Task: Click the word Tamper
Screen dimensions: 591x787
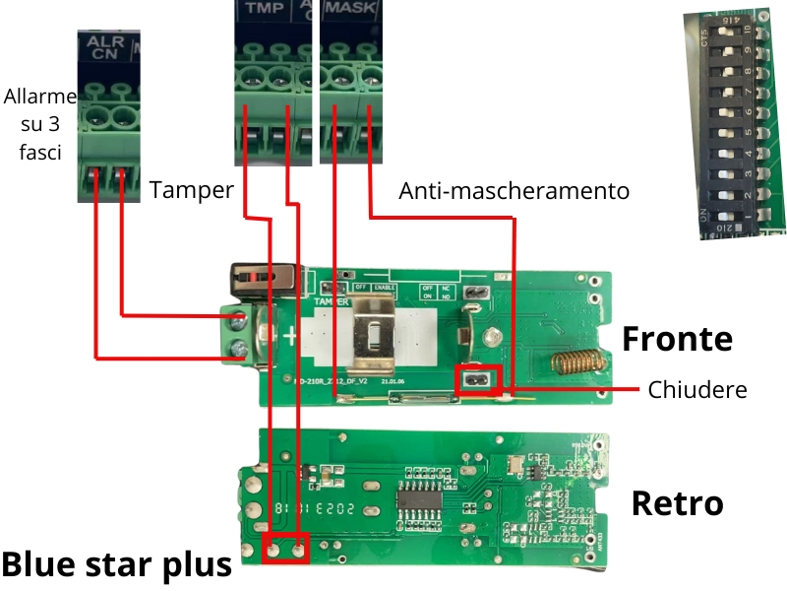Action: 191,190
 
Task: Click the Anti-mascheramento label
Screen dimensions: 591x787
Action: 514,190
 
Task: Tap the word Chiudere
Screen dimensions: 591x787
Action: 696,389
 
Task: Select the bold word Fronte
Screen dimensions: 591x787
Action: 677,339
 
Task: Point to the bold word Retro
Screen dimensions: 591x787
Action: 677,503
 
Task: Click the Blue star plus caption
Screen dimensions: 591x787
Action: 116,564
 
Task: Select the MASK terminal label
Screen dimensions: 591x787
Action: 346,9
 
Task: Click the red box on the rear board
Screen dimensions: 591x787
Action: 285,548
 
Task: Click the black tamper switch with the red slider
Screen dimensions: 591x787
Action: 263,277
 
